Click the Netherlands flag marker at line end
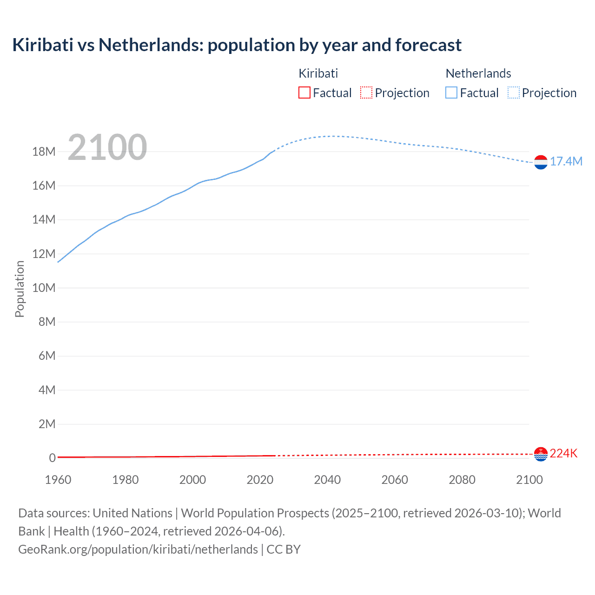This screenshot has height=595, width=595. coord(541,162)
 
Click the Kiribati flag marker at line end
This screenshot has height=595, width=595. coord(541,454)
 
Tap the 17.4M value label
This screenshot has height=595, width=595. coord(566,161)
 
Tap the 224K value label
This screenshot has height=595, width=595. coord(563,453)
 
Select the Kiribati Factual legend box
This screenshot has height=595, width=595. coord(304,93)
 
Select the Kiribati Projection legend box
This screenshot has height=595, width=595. coord(366,93)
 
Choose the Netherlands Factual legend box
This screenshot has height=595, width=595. coord(451,93)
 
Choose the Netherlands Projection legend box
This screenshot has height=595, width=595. coord(514,93)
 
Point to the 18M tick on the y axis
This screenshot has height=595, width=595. coord(44,152)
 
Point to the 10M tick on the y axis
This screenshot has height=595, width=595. coord(44,288)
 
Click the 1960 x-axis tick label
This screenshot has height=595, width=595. coord(58,480)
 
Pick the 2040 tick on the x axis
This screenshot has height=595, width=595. coord(327,480)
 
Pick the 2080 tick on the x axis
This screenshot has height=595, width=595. coord(462,480)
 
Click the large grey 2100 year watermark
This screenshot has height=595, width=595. coord(107,147)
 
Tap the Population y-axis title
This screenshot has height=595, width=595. coord(20,289)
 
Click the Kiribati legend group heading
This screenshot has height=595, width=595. coord(318,73)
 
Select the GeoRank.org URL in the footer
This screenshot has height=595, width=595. coord(138,549)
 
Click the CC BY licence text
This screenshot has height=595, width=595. coord(284,549)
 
